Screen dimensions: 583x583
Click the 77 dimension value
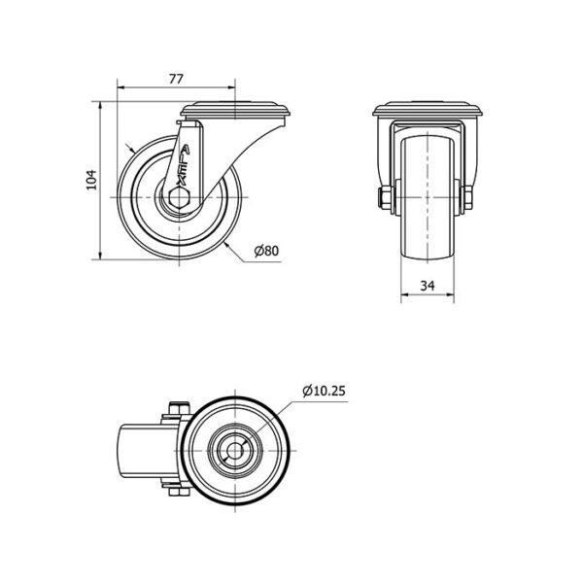[x=176, y=79]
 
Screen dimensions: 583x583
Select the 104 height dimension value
[x=91, y=180]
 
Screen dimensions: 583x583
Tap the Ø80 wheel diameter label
[x=266, y=251]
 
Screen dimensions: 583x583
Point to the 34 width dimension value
[x=428, y=286]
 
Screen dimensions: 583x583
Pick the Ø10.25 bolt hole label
[x=324, y=392]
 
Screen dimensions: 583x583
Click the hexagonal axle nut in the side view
[x=179, y=196]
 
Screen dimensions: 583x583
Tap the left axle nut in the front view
[x=383, y=197]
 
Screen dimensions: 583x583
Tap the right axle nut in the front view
[x=467, y=197]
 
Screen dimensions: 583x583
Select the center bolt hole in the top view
[x=235, y=451]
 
